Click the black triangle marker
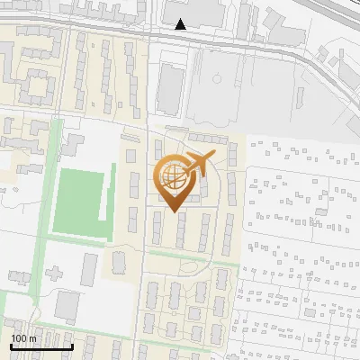pyautogui.click(x=181, y=24)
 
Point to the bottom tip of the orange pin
pyautogui.click(x=173, y=211)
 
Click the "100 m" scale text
pyautogui.click(x=24, y=338)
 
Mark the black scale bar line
pyautogui.click(x=41, y=346)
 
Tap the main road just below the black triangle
pyautogui.click(x=180, y=37)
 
